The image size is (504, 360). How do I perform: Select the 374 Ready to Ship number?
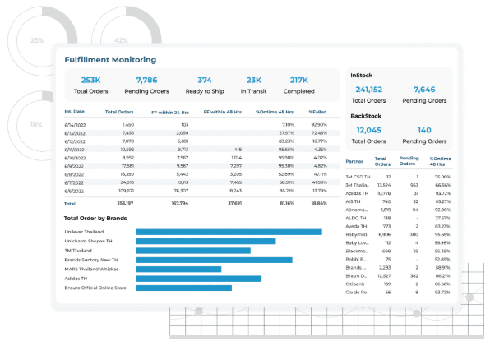[205, 80]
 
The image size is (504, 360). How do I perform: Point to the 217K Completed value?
[300, 80]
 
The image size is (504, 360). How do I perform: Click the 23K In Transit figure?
[253, 80]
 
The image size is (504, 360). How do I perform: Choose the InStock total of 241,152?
[368, 90]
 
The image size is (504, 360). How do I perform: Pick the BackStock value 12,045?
[368, 130]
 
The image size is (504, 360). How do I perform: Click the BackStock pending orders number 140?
[424, 130]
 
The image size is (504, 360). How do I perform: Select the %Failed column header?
[318, 111]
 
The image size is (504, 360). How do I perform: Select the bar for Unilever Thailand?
[229, 232]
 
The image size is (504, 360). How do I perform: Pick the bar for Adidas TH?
[198, 279]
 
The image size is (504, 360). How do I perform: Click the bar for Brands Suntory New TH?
[214, 260]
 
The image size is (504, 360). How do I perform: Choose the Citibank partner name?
[358, 283]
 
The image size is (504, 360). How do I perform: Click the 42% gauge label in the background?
[121, 39]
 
